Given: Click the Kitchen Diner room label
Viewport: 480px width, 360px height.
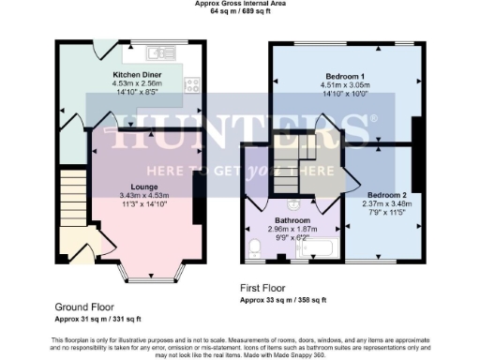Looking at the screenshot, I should [x=139, y=72].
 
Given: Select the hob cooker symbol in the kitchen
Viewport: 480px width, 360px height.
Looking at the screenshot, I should [x=193, y=84].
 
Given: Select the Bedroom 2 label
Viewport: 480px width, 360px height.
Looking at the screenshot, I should [x=382, y=187].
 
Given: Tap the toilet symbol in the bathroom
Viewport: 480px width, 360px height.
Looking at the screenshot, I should [x=254, y=246].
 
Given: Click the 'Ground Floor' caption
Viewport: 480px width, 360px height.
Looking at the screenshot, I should [x=84, y=307].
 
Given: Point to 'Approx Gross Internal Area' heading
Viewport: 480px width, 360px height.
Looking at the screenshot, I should [x=240, y=4].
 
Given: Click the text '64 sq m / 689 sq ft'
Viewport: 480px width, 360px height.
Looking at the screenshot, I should [x=240, y=12].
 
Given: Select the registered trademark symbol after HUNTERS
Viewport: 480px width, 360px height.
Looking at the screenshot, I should [x=375, y=119].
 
